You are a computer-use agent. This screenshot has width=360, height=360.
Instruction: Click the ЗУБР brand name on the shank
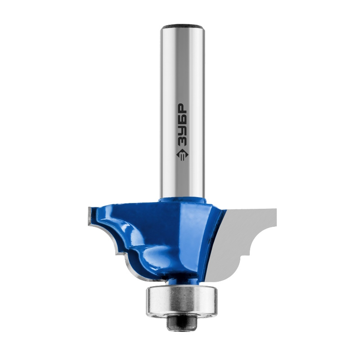pos(183,126)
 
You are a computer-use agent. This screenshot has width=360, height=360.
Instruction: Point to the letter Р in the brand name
pos(183,108)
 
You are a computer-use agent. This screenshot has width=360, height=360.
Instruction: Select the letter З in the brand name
pos(183,143)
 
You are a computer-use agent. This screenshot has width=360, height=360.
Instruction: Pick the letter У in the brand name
pos(183,131)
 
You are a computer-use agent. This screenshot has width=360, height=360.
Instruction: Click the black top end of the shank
pos(183,26)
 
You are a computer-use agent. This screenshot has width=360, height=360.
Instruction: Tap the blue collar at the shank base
pos(183,199)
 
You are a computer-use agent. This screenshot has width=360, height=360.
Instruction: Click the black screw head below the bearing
pos(182,322)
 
